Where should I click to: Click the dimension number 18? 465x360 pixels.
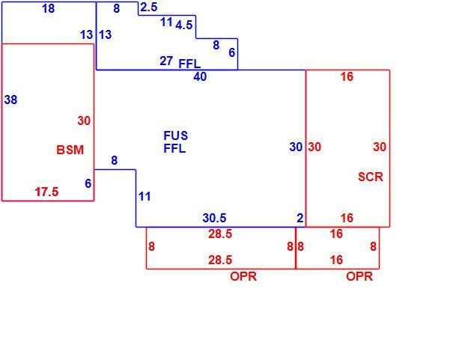(x=49, y=8)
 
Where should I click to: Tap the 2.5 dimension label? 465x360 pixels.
(x=149, y=7)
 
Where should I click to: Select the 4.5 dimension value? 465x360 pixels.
(x=184, y=25)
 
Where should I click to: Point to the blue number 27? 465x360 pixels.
(x=166, y=61)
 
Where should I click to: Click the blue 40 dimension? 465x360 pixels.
(x=200, y=77)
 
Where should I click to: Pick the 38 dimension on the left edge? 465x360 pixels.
(x=10, y=100)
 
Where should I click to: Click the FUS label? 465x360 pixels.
(x=175, y=135)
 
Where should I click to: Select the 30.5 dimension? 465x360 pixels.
(x=214, y=218)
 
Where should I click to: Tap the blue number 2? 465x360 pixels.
(x=300, y=218)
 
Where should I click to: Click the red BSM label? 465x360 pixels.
(x=70, y=150)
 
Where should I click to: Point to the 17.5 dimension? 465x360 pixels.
(x=47, y=192)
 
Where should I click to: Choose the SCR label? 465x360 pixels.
(x=371, y=177)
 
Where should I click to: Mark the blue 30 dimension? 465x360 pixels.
(x=296, y=147)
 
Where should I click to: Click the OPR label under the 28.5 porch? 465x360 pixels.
(x=243, y=276)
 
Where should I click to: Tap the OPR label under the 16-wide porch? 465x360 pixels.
(x=359, y=276)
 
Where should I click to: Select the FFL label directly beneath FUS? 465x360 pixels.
(x=174, y=148)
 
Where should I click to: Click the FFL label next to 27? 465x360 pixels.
(x=189, y=64)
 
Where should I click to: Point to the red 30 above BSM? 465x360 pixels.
(x=84, y=121)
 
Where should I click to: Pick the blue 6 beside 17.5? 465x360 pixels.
(x=88, y=183)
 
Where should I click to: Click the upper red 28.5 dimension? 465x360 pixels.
(x=220, y=234)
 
